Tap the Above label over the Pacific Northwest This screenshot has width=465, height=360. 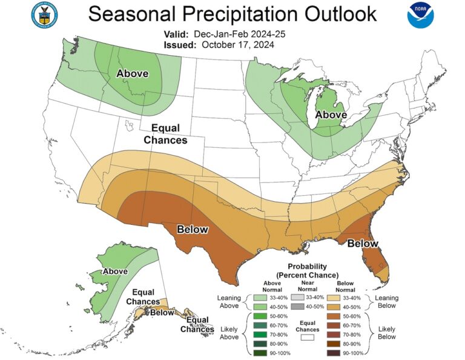click(133, 74)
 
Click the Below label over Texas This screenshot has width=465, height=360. click(193, 229)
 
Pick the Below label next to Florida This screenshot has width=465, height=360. click(363, 244)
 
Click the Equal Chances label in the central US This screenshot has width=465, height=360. click(165, 134)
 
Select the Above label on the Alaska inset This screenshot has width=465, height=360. click(115, 271)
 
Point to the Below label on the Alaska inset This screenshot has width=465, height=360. click(162, 313)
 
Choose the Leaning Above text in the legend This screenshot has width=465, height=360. click(230, 302)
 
